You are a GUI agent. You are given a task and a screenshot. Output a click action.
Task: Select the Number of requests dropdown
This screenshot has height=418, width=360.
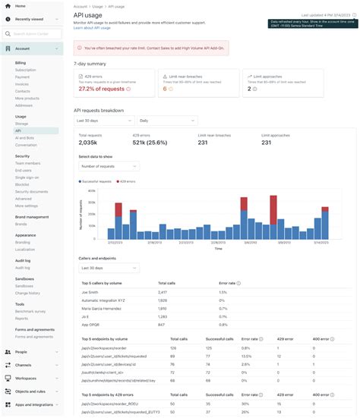[109, 166]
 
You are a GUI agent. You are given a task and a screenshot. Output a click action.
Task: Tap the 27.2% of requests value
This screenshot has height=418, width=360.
[101, 90]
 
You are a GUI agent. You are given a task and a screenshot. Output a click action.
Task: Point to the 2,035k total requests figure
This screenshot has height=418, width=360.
[87, 143]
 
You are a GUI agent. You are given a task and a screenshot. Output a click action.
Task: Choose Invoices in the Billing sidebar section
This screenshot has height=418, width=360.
[24, 83]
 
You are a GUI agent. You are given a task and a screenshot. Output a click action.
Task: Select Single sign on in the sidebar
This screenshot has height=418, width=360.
[28, 177]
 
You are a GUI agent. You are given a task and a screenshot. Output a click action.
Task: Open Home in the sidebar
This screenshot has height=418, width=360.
[20, 5]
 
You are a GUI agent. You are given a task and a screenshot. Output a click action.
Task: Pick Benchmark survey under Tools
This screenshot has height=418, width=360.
[30, 312]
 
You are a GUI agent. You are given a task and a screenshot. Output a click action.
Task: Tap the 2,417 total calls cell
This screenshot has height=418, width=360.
[163, 291]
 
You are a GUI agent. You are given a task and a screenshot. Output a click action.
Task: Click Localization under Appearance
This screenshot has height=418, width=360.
[25, 249]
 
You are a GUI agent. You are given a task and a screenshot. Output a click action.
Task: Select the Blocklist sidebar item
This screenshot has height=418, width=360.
[22, 184]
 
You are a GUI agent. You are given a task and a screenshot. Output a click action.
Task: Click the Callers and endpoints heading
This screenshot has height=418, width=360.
[97, 258]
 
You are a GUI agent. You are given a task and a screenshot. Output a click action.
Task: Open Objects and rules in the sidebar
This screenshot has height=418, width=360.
[31, 391]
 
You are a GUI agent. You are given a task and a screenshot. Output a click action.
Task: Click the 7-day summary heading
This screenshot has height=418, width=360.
[90, 64]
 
